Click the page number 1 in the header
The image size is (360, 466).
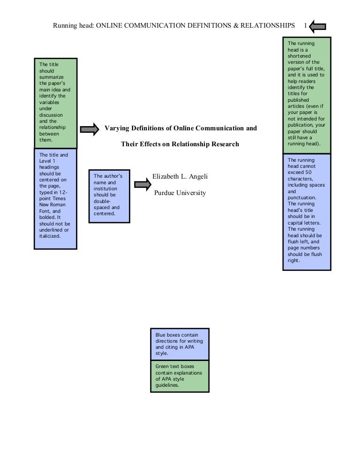point(306,25)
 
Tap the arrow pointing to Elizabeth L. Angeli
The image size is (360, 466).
point(142,184)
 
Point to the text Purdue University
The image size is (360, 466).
point(180,193)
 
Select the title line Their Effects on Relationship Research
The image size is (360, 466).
point(180,144)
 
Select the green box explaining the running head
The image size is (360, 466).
point(307,97)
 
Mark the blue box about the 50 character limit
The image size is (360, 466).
point(307,211)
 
